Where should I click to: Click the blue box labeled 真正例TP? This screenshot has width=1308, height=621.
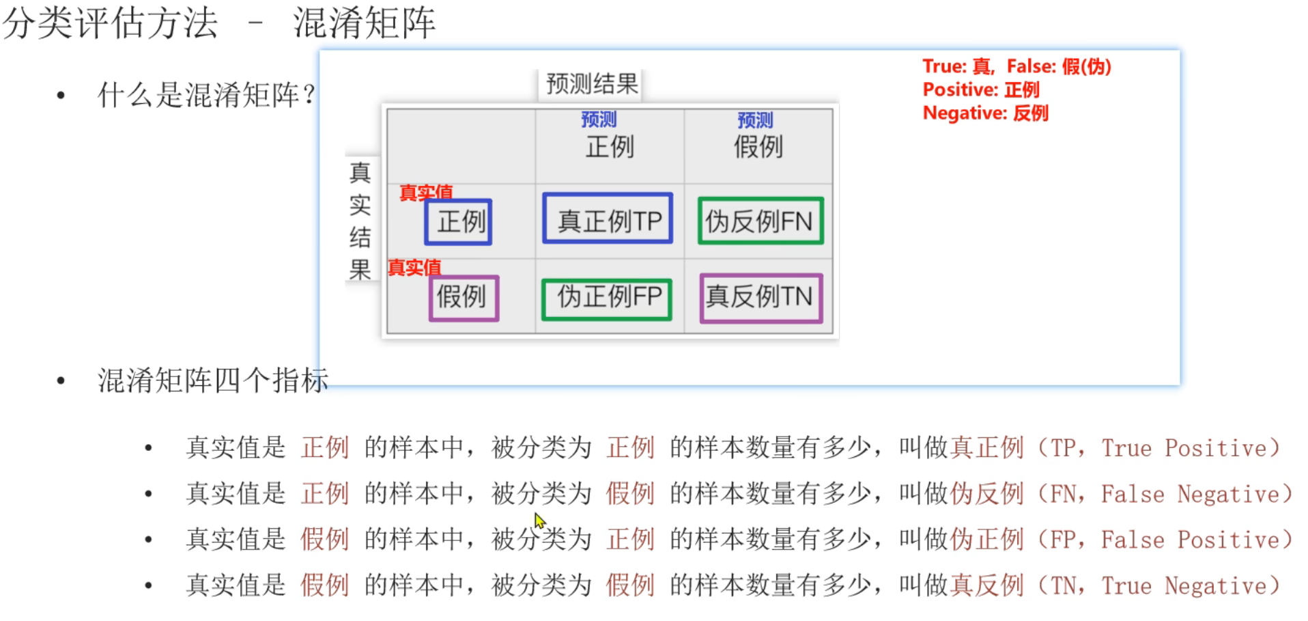coord(608,219)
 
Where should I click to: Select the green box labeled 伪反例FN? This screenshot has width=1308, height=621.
coord(760,221)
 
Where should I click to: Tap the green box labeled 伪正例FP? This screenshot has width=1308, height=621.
coord(607,299)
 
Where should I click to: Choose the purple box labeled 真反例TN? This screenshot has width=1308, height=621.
coord(760,298)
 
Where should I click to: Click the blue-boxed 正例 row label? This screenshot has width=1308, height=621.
coord(458,222)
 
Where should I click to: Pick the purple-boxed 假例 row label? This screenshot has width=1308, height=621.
coord(464,298)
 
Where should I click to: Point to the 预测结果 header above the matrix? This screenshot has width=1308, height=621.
coord(591,84)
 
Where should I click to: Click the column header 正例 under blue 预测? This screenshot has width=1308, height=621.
coord(610,146)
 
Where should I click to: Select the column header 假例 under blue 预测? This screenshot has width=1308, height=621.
coord(758,146)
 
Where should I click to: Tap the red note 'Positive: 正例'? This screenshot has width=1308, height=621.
coord(980,89)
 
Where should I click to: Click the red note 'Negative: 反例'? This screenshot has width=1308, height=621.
coord(985,113)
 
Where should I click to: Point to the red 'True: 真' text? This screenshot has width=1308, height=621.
coord(956,66)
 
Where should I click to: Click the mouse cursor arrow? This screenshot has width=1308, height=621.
coord(539,521)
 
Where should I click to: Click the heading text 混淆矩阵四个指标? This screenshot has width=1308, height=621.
coord(212,380)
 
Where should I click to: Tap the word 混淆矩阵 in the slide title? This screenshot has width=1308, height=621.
coord(364,23)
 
